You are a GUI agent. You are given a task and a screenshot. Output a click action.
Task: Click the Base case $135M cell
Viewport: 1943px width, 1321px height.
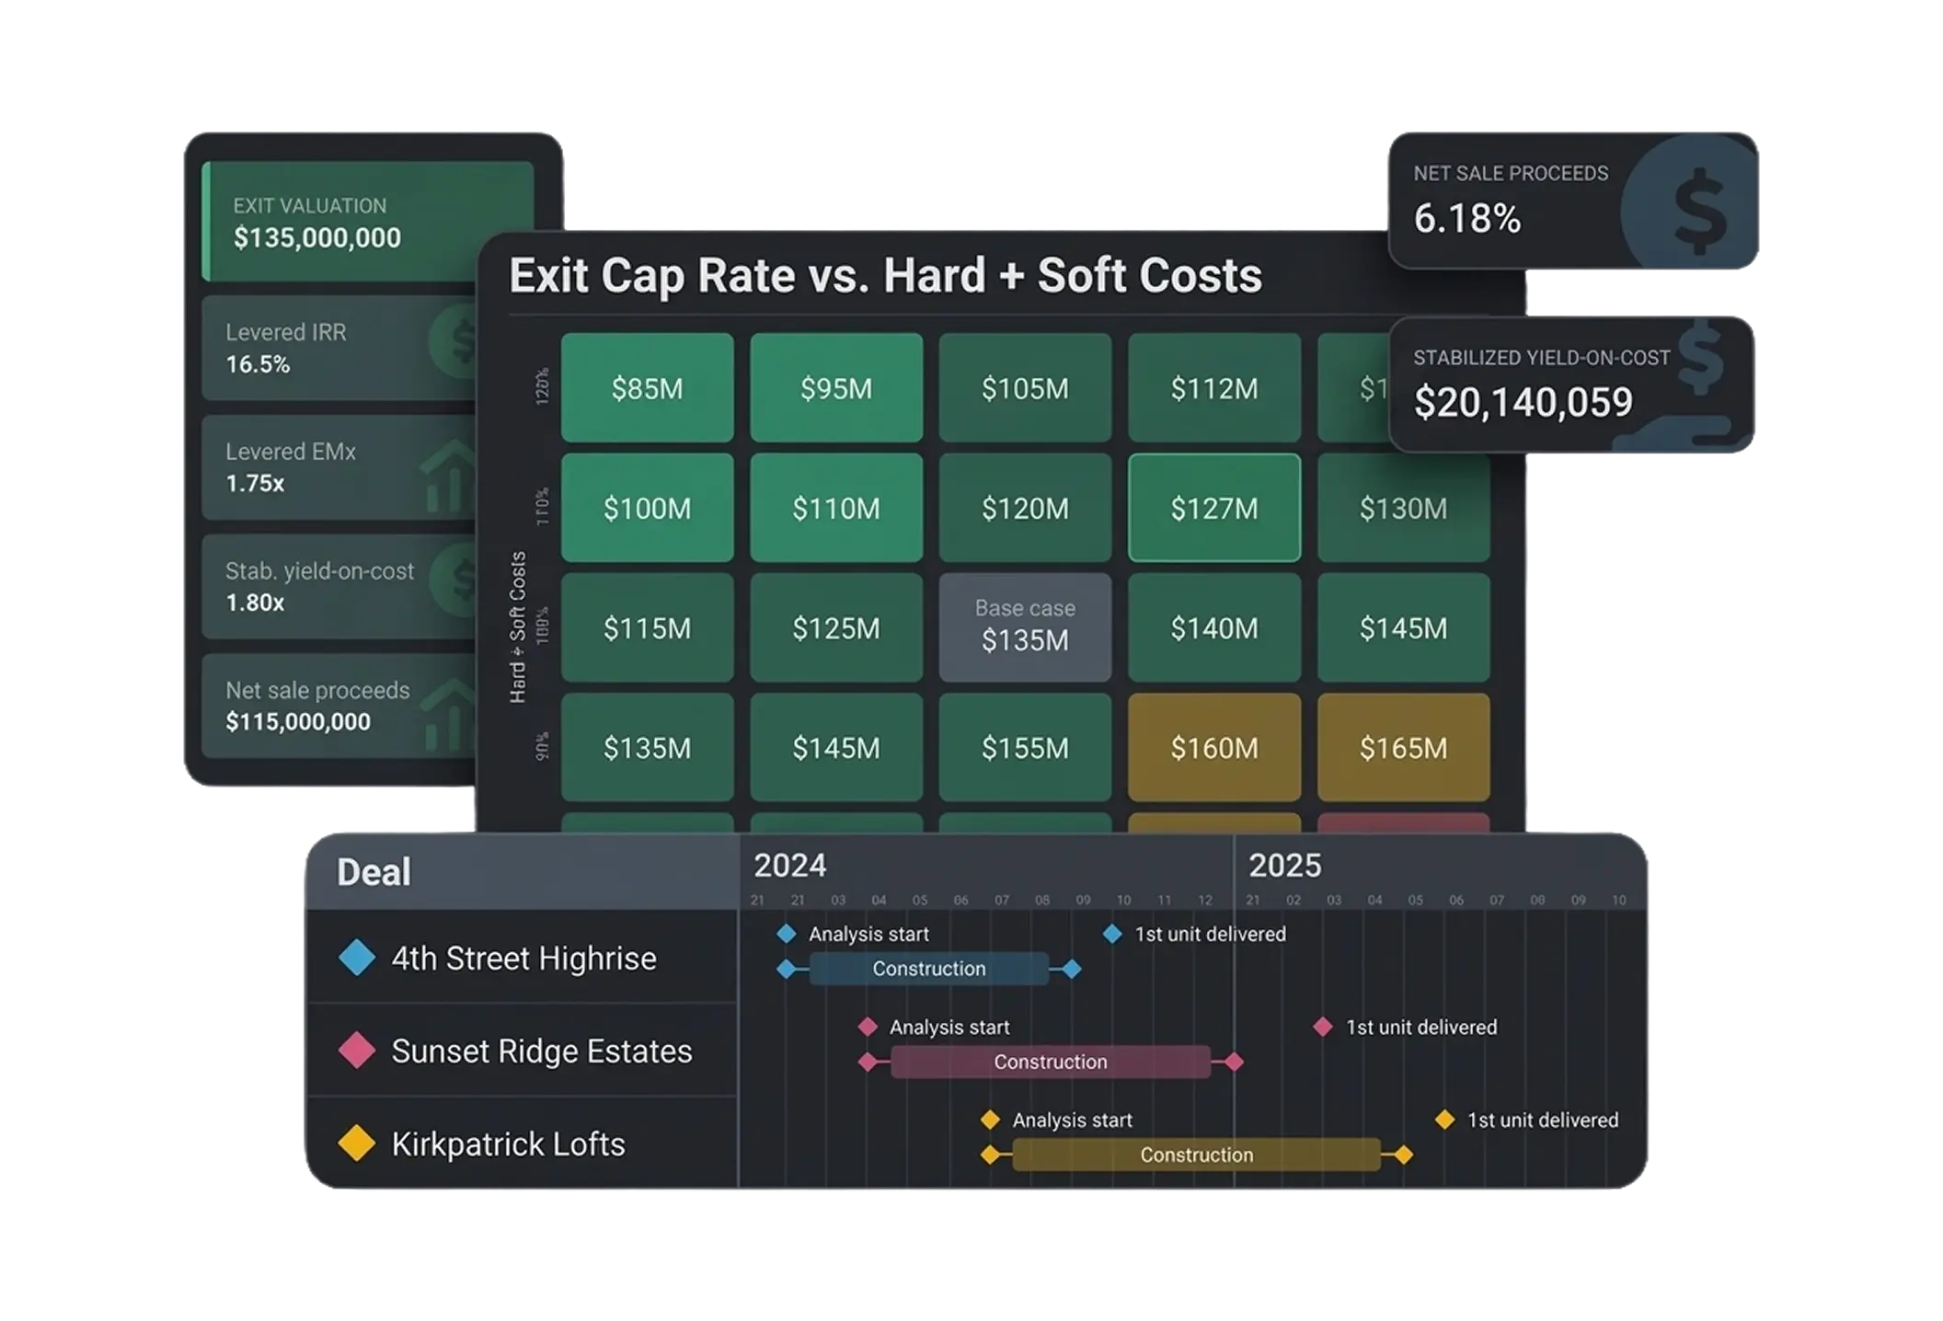click(x=1025, y=627)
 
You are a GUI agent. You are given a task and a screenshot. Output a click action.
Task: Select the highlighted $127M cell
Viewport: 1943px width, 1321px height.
click(x=1213, y=508)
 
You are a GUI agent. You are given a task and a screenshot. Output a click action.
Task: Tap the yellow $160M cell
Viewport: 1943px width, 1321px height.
click(x=1213, y=747)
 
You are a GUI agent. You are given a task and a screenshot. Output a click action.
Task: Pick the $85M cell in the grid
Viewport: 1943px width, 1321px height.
click(x=647, y=388)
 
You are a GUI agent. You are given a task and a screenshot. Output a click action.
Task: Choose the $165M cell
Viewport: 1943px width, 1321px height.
click(x=1403, y=747)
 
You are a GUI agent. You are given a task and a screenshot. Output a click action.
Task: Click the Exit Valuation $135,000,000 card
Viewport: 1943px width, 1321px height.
click(x=367, y=222)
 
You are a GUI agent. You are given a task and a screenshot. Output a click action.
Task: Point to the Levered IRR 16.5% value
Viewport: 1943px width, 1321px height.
click(x=258, y=364)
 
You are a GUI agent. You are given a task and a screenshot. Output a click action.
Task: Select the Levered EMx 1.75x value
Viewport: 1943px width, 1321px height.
click(x=255, y=483)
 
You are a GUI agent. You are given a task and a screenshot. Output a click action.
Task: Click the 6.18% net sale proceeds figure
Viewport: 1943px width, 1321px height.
click(x=1466, y=219)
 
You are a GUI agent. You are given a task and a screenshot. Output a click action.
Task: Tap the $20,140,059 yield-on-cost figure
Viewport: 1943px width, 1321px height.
click(x=1523, y=402)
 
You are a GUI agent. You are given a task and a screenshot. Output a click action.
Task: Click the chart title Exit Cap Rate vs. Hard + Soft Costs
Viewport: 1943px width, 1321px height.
click(x=885, y=275)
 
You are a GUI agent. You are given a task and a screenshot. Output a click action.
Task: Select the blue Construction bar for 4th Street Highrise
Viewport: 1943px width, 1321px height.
click(x=928, y=969)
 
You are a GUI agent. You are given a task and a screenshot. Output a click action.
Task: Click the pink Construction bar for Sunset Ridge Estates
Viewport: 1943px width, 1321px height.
click(x=1050, y=1062)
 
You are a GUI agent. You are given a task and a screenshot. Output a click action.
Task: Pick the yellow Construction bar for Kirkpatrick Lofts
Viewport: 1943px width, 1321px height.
click(x=1196, y=1154)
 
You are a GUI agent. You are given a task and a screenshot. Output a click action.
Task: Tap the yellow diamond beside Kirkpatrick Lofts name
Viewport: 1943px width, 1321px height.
click(x=356, y=1143)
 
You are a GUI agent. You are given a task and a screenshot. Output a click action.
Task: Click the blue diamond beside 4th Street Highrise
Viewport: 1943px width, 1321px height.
click(x=356, y=958)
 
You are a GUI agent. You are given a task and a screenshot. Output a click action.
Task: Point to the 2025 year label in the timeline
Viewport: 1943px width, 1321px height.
click(x=1284, y=866)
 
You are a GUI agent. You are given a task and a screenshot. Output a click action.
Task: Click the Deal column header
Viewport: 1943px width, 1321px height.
click(x=374, y=872)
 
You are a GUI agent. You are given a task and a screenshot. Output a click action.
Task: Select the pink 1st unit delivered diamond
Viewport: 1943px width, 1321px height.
click(x=1322, y=1027)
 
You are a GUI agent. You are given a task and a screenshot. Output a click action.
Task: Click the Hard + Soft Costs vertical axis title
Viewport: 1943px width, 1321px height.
click(x=518, y=627)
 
